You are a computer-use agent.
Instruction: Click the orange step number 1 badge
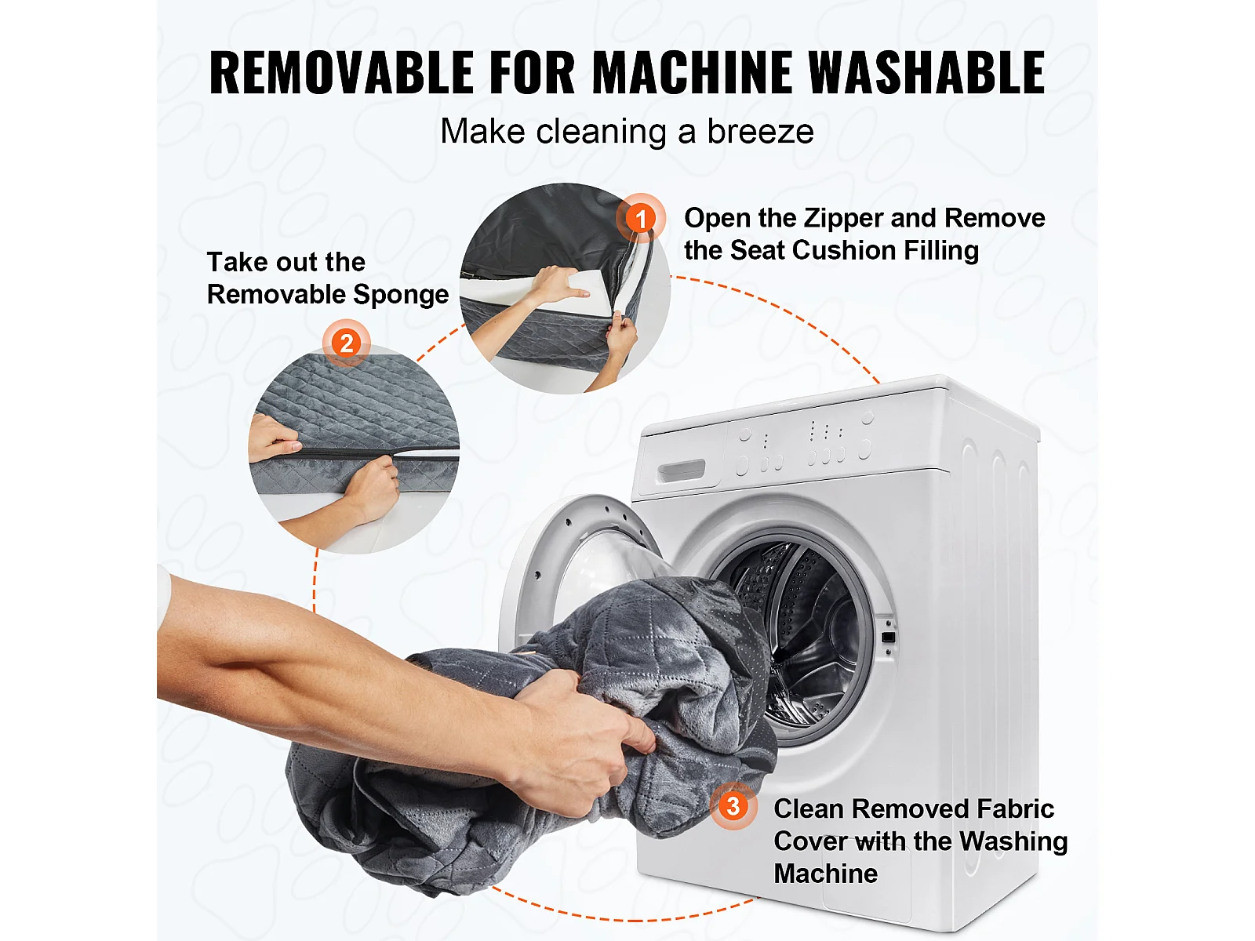click(641, 218)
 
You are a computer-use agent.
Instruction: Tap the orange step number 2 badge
click(346, 343)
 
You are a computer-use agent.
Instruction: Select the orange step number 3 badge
click(733, 806)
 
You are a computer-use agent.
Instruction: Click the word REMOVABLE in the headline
click(342, 72)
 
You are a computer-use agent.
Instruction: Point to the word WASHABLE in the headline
click(927, 72)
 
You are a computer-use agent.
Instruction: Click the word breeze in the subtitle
click(760, 132)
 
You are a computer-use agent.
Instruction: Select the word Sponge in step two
click(401, 295)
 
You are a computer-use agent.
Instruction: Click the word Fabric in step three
click(1015, 808)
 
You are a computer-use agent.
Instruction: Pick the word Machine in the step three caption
click(826, 874)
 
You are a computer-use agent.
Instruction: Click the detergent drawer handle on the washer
click(681, 471)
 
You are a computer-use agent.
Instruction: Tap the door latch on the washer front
click(888, 637)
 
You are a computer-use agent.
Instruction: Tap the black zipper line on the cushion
click(355, 452)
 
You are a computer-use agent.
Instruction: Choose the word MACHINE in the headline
click(692, 72)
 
